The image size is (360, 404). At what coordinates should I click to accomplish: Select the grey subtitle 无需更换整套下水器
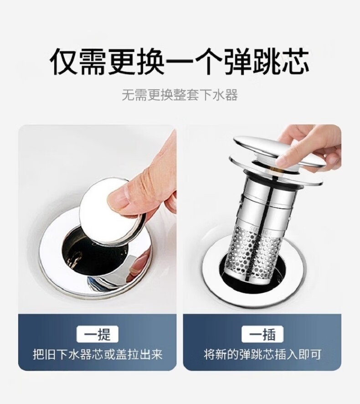click(x=180, y=95)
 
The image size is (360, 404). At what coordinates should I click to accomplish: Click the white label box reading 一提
click(x=98, y=334)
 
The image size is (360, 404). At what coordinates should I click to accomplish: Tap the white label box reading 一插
click(x=262, y=334)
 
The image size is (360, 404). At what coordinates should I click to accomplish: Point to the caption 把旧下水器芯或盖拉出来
click(x=98, y=355)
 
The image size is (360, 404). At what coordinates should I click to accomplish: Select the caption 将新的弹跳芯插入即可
click(x=262, y=355)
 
